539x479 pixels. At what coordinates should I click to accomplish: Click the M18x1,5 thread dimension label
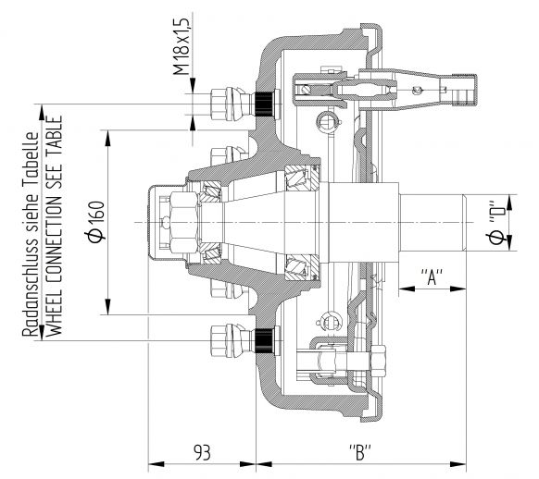[182, 46]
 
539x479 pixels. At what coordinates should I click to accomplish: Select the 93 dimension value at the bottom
[202, 452]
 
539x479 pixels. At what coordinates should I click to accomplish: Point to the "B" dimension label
[360, 452]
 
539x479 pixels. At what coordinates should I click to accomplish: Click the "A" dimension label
[432, 276]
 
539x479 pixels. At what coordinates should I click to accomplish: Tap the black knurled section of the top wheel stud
[264, 104]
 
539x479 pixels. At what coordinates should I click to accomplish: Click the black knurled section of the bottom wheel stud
[264, 341]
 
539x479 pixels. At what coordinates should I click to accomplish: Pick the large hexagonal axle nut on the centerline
[184, 222]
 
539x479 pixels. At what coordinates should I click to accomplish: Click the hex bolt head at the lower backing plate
[378, 361]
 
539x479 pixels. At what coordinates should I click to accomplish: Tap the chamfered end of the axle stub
[464, 222]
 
